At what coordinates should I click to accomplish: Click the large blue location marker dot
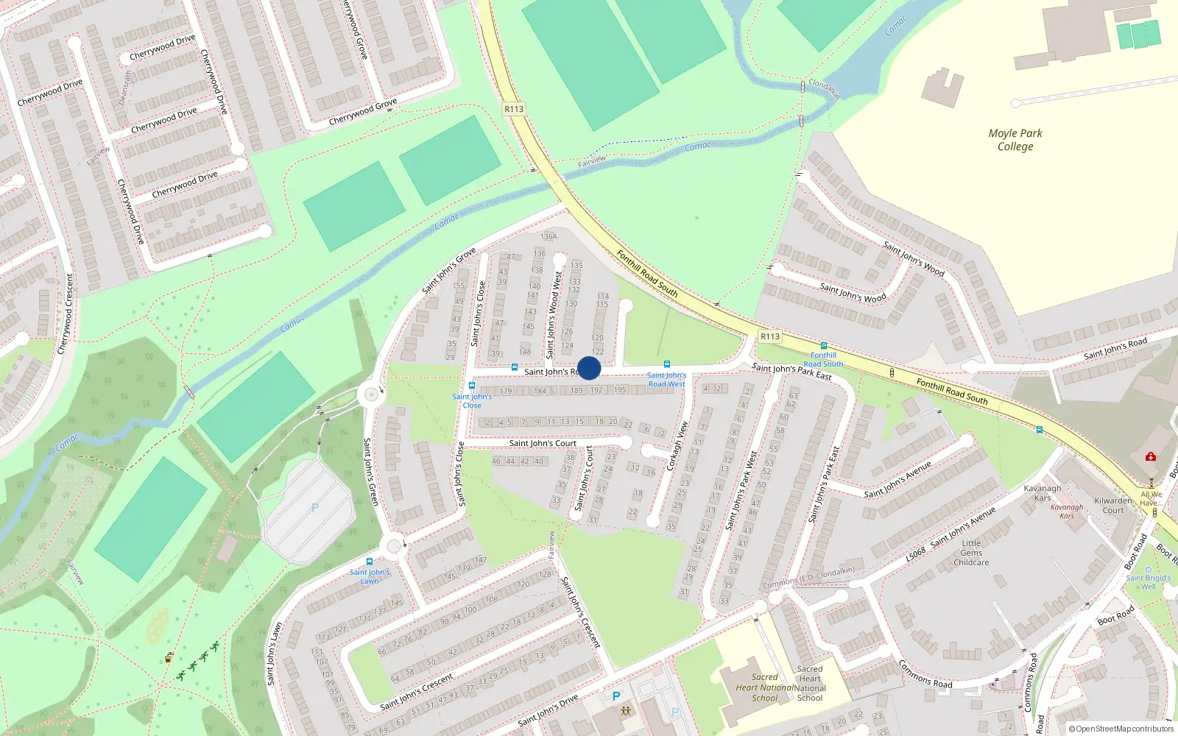[589, 368]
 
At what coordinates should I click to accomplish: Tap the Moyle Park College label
[1015, 140]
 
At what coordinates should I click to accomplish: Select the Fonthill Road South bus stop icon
[823, 346]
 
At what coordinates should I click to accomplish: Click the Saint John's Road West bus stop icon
[666, 364]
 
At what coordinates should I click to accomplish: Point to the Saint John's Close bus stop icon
[472, 386]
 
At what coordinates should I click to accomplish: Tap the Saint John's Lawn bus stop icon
[370, 562]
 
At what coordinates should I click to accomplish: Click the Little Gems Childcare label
[971, 553]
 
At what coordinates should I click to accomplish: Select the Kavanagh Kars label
[1043, 493]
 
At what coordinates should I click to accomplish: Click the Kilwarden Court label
[1113, 505]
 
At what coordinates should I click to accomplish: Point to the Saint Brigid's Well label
[1148, 581]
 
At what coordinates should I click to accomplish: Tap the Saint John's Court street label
[543, 443]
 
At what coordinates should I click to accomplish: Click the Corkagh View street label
[677, 446]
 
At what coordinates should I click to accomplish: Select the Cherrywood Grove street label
[362, 111]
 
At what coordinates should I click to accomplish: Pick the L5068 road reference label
[915, 554]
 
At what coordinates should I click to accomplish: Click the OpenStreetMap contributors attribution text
[1121, 729]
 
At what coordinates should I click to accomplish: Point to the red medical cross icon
[1150, 457]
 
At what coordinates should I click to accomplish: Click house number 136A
[549, 237]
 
